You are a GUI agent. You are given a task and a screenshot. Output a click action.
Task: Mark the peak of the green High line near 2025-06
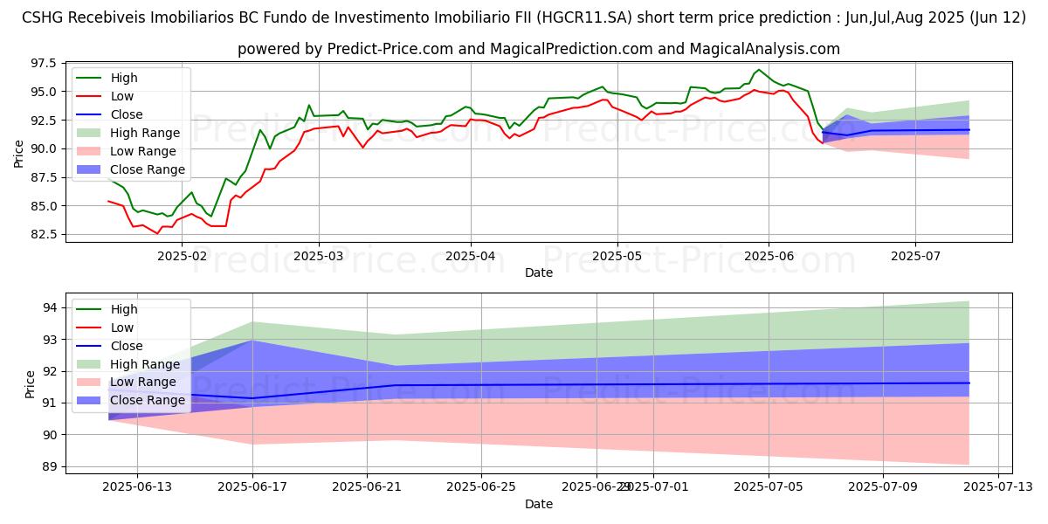tap(758, 70)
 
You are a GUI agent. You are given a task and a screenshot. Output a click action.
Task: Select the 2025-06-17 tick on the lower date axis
tap(252, 487)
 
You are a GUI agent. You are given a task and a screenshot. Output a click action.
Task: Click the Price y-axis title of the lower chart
tap(31, 383)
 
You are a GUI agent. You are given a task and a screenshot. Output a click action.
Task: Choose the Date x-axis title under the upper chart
tap(539, 272)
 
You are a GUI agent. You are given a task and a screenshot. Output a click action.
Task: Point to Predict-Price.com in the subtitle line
tap(384, 49)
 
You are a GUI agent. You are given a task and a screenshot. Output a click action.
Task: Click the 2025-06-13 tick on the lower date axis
tap(137, 487)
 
